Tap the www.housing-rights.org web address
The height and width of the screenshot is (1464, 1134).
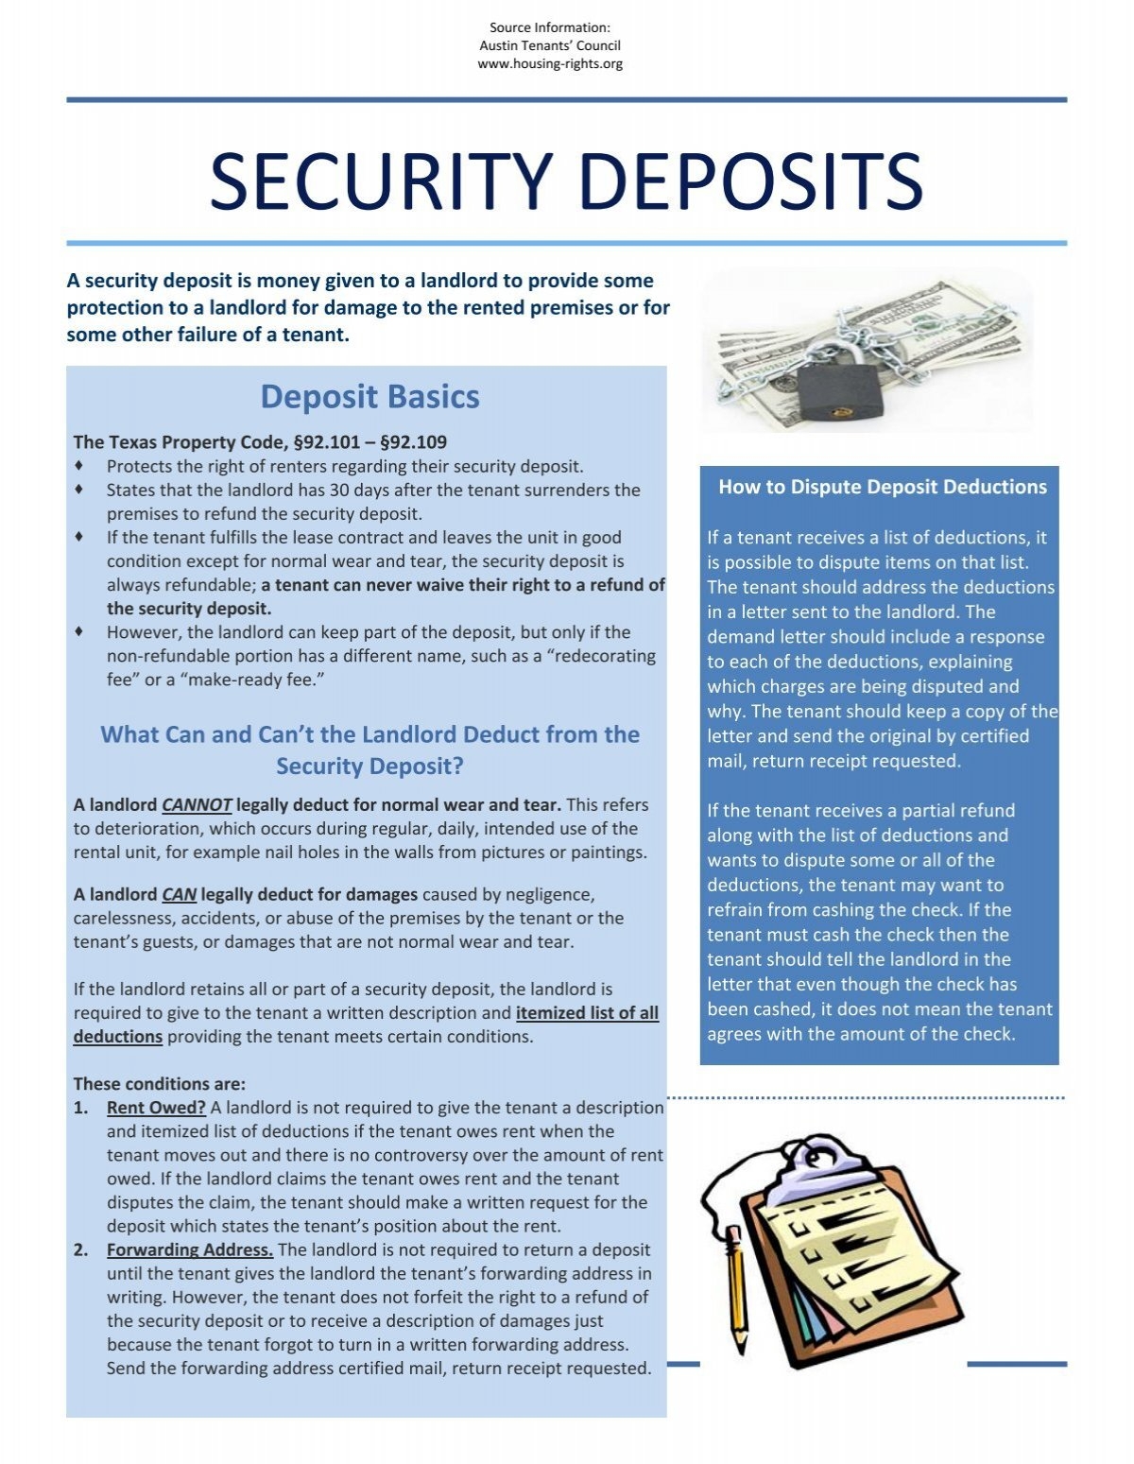[550, 63]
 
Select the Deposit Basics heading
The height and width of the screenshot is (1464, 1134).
[369, 396]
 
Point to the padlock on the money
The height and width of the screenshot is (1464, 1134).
[839, 393]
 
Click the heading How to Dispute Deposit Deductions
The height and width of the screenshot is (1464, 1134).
[883, 487]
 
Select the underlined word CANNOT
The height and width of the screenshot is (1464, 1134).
[197, 805]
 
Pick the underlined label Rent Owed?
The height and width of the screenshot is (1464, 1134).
[156, 1108]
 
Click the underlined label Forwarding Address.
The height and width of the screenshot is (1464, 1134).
[190, 1250]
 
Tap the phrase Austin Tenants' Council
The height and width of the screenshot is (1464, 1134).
[550, 45]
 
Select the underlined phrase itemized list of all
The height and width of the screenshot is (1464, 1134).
[587, 1013]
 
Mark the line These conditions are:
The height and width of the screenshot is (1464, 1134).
[160, 1084]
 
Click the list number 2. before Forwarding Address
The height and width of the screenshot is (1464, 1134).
[81, 1250]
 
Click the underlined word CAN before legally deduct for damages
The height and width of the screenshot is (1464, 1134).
[179, 894]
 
